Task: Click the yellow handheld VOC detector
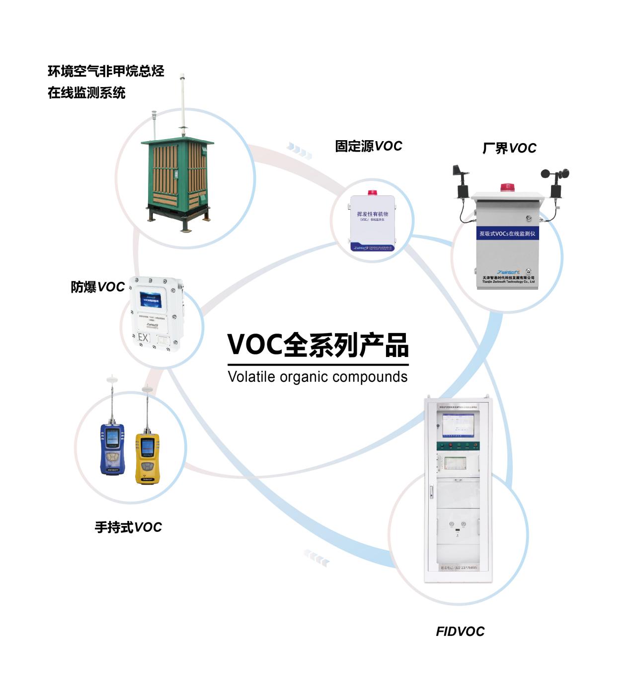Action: [147, 457]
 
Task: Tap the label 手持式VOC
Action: [128, 527]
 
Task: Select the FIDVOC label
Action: [460, 631]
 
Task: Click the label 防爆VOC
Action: [97, 287]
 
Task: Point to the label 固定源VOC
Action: [368, 146]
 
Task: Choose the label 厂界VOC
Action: [509, 148]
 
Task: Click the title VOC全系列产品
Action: [318, 344]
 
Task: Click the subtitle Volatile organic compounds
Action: [317, 377]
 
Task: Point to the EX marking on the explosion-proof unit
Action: [144, 339]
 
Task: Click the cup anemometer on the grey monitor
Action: [555, 175]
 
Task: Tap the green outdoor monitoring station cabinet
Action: [177, 179]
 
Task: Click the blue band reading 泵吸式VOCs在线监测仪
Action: [507, 233]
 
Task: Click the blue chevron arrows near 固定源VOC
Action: [300, 150]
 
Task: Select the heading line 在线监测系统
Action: [86, 92]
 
